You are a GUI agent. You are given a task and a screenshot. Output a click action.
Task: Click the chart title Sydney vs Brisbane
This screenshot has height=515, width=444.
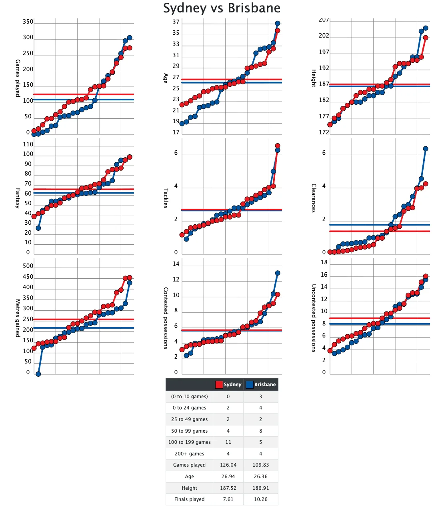(x=222, y=8)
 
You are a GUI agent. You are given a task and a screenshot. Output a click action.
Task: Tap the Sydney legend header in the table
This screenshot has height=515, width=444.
(x=228, y=385)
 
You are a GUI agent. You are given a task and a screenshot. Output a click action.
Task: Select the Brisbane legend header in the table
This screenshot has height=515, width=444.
(x=261, y=385)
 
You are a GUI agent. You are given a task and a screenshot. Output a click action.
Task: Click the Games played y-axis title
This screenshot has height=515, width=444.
(x=18, y=78)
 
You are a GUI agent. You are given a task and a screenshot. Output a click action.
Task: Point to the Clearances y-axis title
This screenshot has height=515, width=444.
(x=314, y=198)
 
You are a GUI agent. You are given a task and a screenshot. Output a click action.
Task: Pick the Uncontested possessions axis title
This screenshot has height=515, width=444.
(x=314, y=318)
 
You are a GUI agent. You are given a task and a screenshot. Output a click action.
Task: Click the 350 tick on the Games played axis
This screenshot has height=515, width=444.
(x=28, y=22)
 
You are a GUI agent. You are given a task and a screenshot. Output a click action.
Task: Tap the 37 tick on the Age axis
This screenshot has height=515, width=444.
(x=176, y=22)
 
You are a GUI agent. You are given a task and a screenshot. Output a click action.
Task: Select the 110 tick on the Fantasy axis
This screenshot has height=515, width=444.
(x=28, y=144)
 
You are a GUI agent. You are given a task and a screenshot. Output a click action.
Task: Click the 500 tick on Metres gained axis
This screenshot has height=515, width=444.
(x=28, y=266)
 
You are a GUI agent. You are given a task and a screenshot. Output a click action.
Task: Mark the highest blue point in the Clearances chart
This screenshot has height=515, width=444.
(x=426, y=149)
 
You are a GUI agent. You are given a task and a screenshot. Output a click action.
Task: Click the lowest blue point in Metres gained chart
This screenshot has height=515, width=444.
(x=38, y=374)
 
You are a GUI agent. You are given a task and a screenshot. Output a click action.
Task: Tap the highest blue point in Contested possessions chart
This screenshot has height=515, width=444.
(x=278, y=273)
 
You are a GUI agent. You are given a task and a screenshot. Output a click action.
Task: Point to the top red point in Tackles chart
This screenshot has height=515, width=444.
(x=278, y=146)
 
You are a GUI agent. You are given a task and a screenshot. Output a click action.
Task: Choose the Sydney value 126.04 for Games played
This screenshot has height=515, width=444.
(x=228, y=465)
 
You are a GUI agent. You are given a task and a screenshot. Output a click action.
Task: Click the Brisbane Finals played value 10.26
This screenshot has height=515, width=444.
(x=260, y=499)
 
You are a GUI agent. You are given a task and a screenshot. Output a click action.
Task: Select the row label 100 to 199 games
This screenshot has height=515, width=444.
(x=189, y=442)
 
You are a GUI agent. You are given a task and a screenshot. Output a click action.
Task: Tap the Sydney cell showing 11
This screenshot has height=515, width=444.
(x=228, y=442)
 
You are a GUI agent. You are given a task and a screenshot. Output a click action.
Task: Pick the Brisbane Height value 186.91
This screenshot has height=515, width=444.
(x=260, y=488)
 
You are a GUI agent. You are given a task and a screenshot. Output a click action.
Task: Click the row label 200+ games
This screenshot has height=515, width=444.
(x=189, y=454)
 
